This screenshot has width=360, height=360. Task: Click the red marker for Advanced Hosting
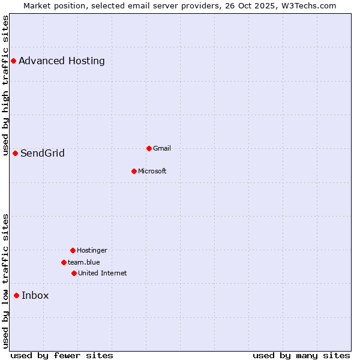coord(13,61)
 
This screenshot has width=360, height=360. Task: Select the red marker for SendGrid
coord(15,153)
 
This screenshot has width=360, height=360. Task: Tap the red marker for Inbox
coord(16,295)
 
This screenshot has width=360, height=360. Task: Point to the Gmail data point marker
coord(149,148)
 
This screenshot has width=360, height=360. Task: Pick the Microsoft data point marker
coord(134,171)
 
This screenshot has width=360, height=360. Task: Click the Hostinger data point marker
coord(73,250)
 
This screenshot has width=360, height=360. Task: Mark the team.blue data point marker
coord(64,262)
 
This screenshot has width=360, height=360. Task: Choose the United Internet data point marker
coord(74,273)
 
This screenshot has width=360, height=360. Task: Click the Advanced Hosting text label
coord(62,61)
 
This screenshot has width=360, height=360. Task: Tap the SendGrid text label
coord(43,153)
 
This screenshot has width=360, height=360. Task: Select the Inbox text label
coord(35,295)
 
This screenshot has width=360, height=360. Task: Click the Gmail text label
coord(162,148)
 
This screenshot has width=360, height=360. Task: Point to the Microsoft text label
coord(152,171)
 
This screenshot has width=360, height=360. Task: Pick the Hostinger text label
coord(92,250)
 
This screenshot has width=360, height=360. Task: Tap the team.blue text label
coord(84,262)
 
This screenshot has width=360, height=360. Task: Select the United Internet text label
coord(103,273)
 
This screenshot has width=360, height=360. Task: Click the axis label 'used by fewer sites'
coord(62,355)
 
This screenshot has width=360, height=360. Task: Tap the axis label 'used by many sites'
coord(301,355)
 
